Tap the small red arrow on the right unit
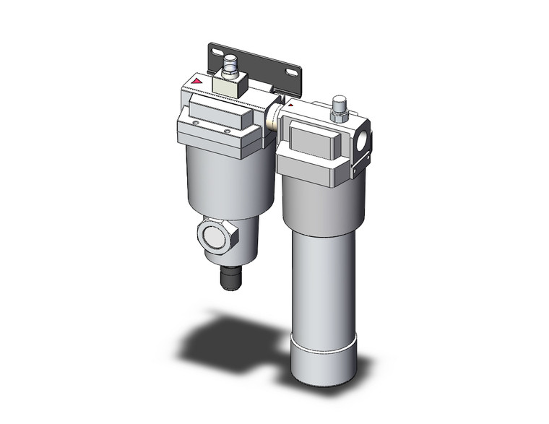(x=290, y=105)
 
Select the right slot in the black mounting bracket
(x=293, y=72)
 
